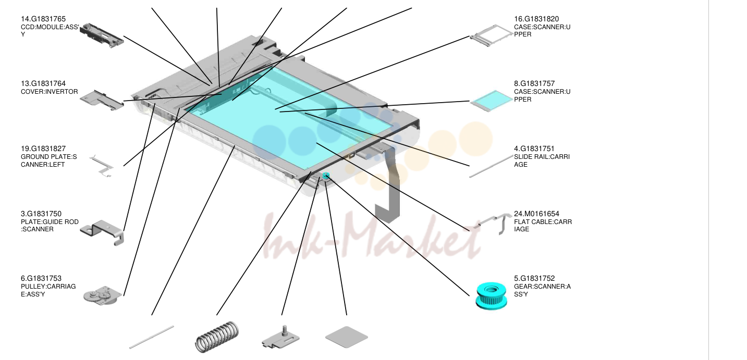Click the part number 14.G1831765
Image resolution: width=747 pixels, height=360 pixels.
click(43, 19)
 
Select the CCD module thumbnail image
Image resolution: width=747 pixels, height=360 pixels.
click(102, 35)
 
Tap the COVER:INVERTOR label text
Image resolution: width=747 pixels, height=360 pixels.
click(50, 92)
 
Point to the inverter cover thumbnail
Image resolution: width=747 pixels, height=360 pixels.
click(102, 100)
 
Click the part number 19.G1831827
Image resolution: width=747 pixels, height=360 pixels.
click(43, 148)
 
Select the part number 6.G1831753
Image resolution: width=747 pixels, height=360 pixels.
click(41, 278)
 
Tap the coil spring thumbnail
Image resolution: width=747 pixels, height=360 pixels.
click(217, 337)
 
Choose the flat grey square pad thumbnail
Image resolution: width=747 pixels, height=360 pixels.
click(347, 337)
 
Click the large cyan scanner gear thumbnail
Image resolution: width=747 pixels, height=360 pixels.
click(491, 296)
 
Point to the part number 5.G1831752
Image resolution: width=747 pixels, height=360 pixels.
click(534, 278)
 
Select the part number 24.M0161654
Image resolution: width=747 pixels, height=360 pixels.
click(536, 214)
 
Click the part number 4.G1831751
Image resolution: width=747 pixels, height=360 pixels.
click(534, 148)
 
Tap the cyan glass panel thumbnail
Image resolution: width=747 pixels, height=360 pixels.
click(492, 101)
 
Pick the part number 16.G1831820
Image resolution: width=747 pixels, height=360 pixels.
click(536, 19)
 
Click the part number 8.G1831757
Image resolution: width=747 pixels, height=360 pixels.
click(534, 84)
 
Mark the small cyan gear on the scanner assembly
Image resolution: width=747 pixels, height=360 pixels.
click(326, 176)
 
